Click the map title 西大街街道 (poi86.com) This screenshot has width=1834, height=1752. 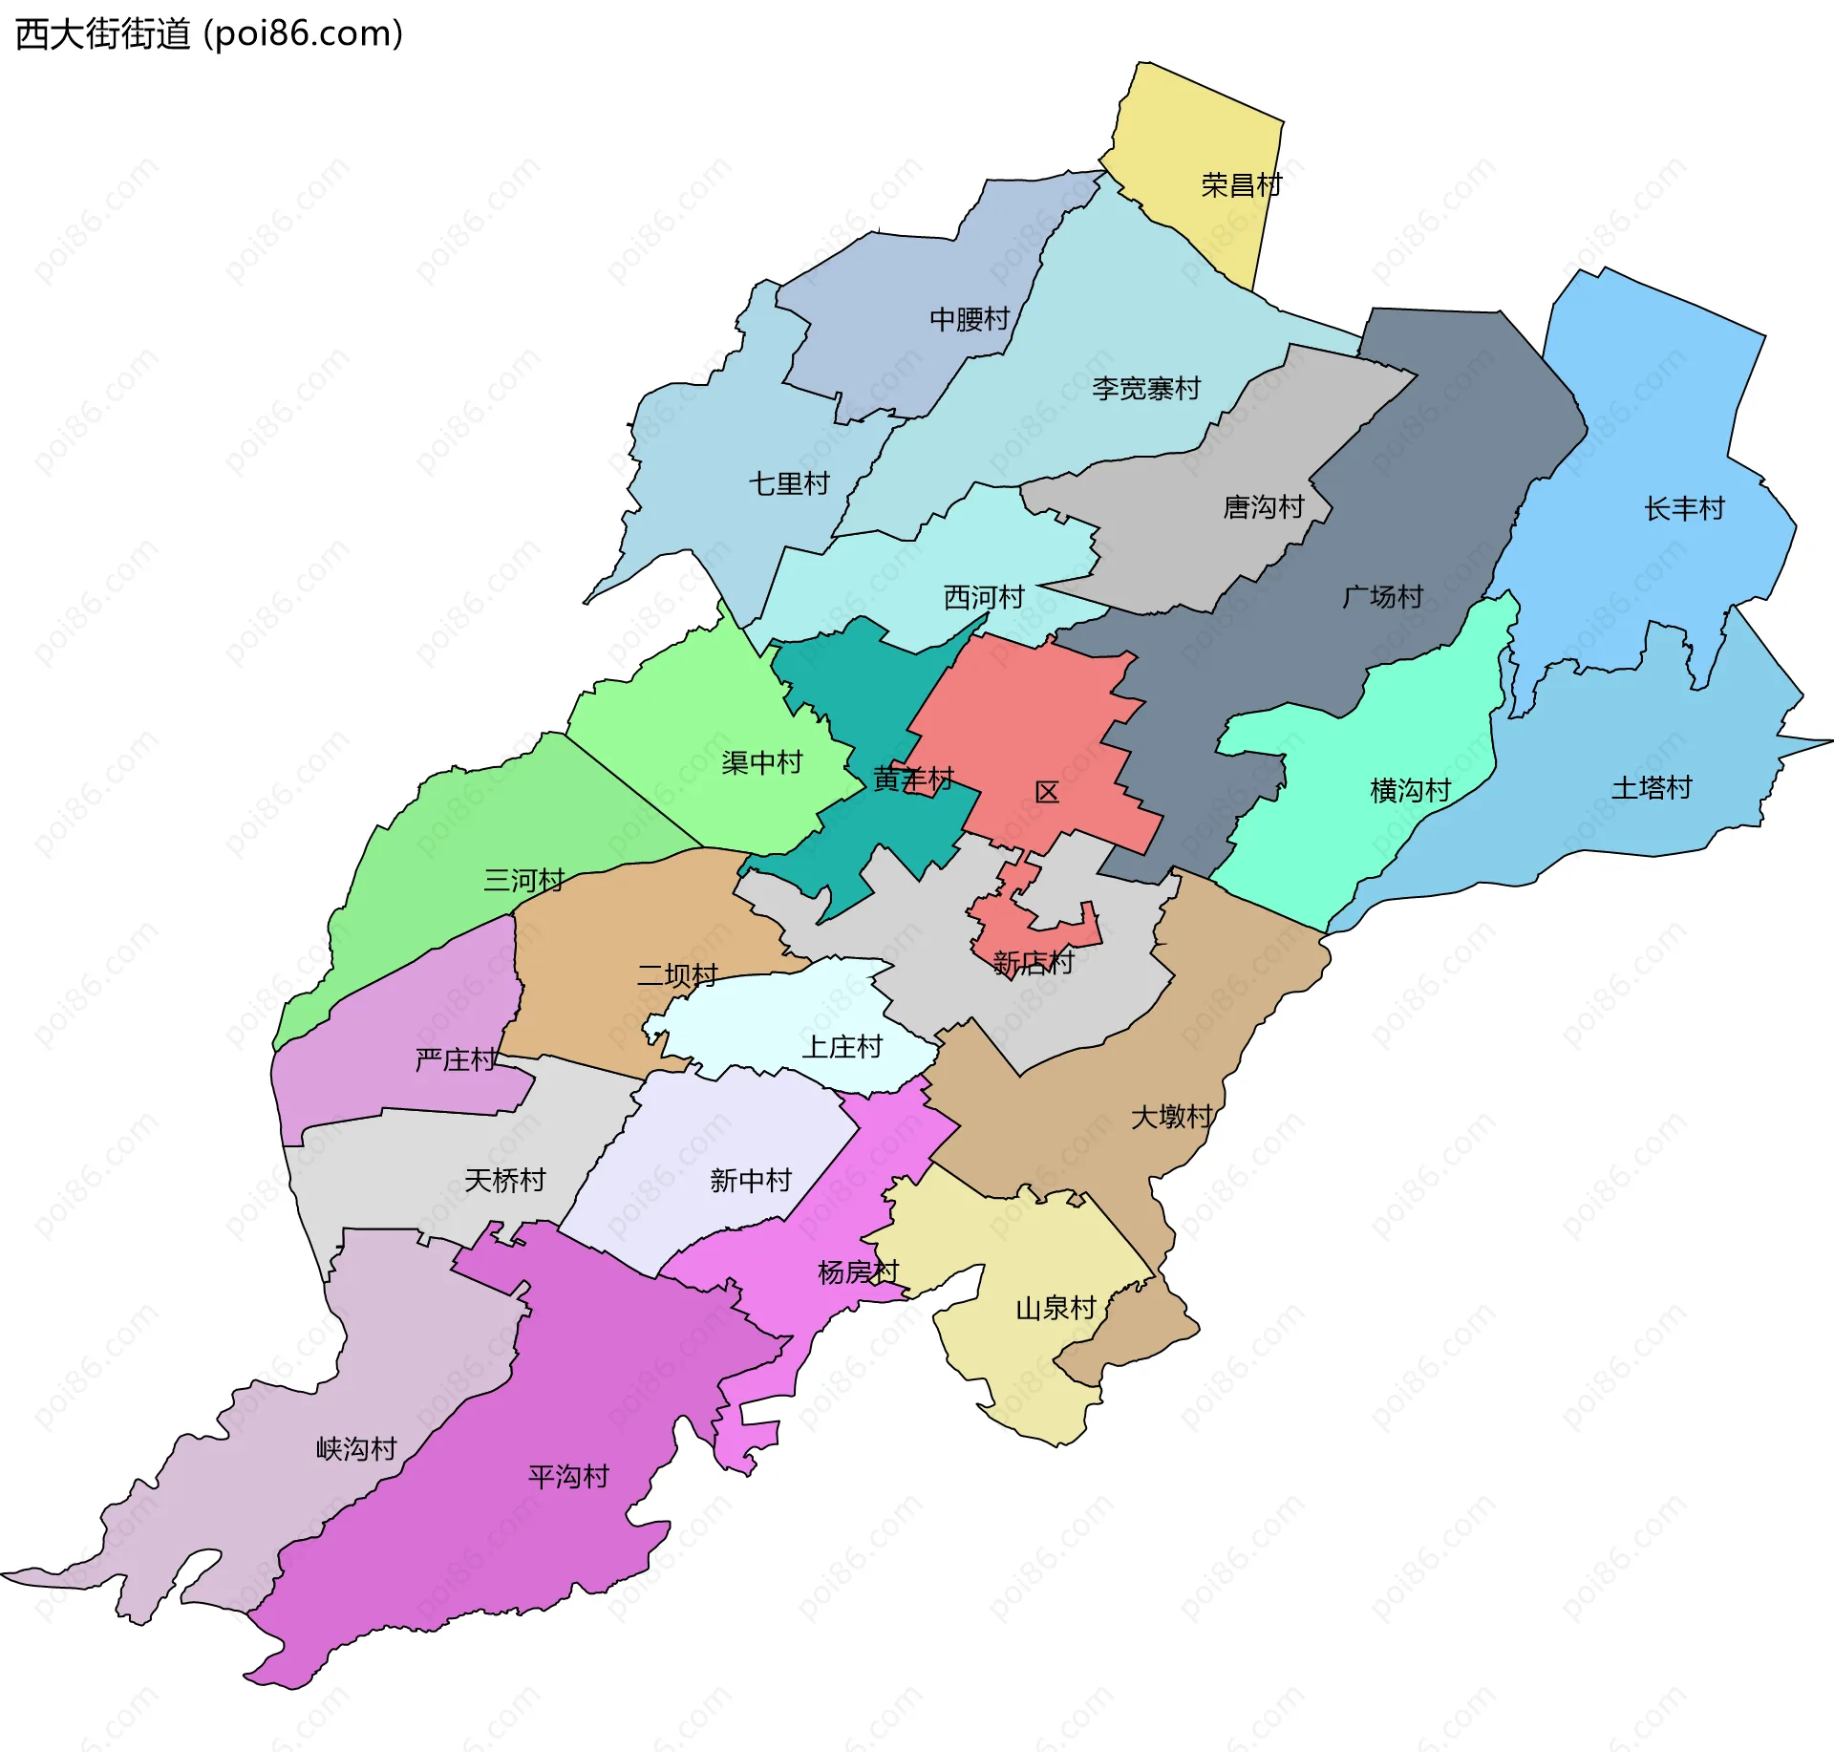(x=209, y=34)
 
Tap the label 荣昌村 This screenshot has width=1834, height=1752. (x=1241, y=185)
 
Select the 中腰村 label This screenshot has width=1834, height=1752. (x=970, y=319)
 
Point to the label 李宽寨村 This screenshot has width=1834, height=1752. (x=1145, y=389)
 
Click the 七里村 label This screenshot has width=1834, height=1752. (x=789, y=483)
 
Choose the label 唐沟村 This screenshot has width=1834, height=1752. (x=1264, y=507)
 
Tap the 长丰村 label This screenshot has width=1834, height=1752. (x=1684, y=509)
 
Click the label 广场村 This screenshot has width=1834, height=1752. (x=1382, y=597)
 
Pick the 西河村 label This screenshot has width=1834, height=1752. (x=984, y=597)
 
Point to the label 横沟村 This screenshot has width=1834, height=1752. (x=1410, y=791)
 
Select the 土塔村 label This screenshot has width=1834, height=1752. (x=1652, y=788)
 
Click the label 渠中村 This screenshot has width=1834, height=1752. (x=761, y=762)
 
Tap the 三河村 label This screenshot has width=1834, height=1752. (x=523, y=880)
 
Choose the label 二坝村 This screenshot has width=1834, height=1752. (x=677, y=975)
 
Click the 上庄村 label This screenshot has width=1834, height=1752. (x=842, y=1047)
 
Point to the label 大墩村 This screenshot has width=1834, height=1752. (x=1171, y=1117)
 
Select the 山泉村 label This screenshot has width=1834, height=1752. (x=1056, y=1308)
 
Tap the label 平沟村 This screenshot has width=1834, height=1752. (x=568, y=1477)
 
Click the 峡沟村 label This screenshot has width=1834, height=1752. (x=356, y=1449)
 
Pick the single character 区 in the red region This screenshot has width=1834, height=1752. (x=1047, y=793)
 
